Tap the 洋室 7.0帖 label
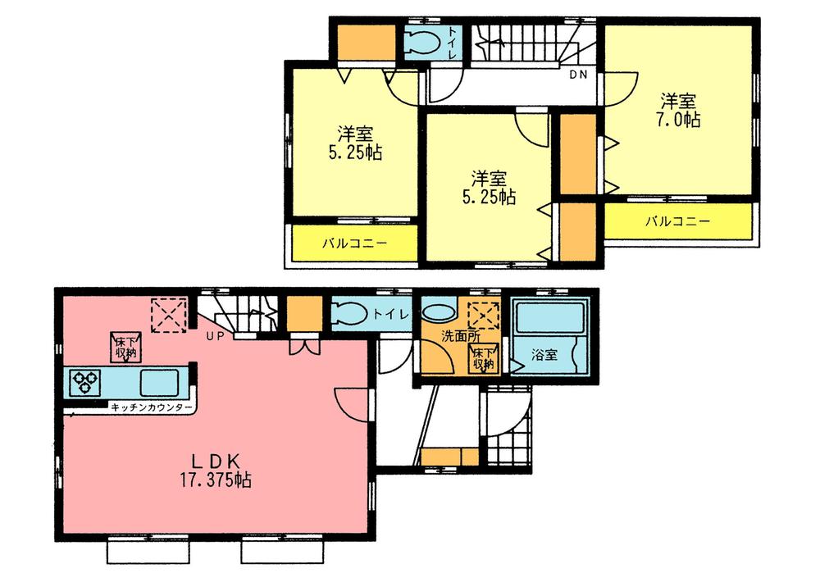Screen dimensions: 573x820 pyautogui.click(x=680, y=110)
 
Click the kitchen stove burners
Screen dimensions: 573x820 pyautogui.click(x=85, y=382)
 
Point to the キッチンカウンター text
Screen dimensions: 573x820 pyautogui.click(x=153, y=407)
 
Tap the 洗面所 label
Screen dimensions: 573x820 pyautogui.click(x=443, y=336)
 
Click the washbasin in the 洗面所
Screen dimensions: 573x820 pyautogui.click(x=439, y=313)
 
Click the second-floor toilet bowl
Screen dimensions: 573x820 pyautogui.click(x=423, y=40)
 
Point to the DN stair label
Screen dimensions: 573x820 pyautogui.click(x=579, y=75)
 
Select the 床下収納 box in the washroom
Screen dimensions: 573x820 pyautogui.click(x=481, y=357)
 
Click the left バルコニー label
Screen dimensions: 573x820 pyautogui.click(x=354, y=243)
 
